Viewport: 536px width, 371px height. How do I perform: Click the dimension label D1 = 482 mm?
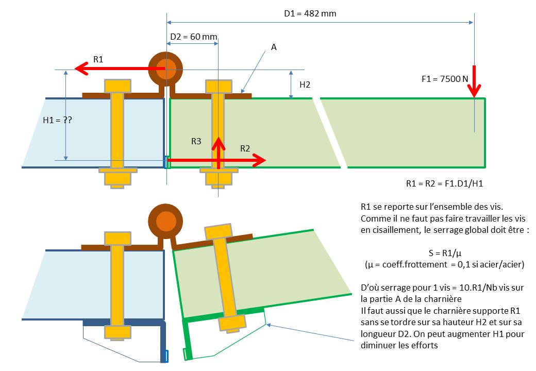310,13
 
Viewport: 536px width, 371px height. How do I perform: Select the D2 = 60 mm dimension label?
193,37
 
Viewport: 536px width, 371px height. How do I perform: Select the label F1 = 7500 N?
444,79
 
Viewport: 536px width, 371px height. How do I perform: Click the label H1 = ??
57,120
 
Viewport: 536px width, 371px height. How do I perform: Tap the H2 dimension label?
305,84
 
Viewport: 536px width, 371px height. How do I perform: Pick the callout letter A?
274,47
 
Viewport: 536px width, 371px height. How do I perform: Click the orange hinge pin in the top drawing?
165,69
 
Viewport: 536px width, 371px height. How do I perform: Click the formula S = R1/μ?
444,254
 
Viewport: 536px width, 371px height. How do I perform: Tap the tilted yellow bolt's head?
220,231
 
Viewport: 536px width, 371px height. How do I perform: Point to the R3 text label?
196,141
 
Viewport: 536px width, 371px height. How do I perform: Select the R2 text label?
245,148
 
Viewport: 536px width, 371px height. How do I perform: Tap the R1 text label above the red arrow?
98,59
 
